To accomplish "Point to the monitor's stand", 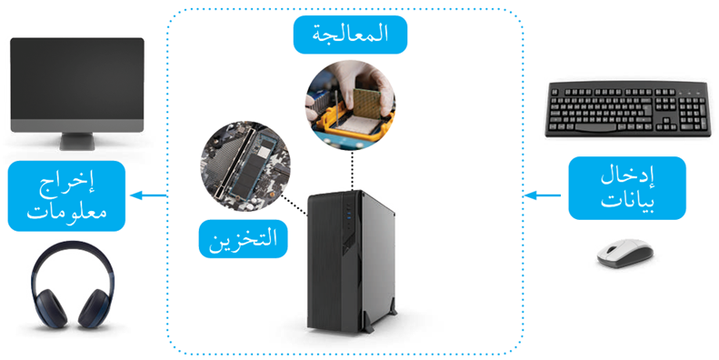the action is [76, 141].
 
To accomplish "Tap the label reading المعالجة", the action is [350, 35].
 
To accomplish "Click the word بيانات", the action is [622, 202].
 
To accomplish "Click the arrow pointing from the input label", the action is [544, 195].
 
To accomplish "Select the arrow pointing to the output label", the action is [149, 195].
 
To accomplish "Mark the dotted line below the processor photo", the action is [351, 168].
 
